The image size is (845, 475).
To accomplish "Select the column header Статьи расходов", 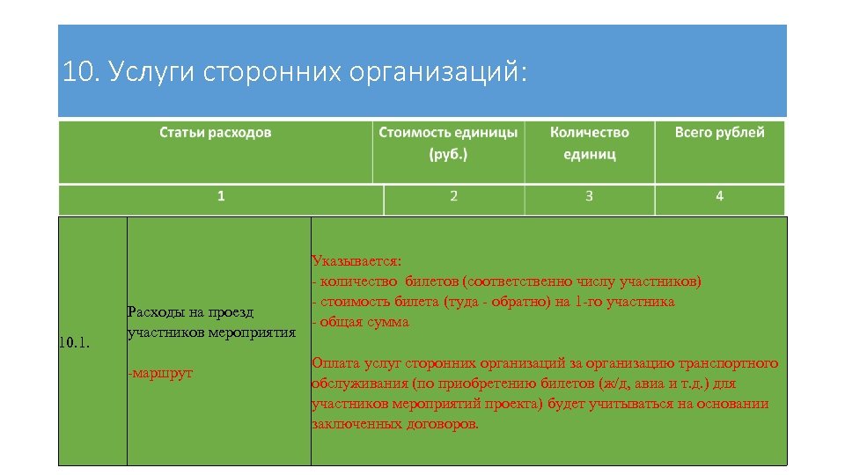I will [x=215, y=133].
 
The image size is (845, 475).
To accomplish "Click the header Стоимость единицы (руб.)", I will [x=448, y=142].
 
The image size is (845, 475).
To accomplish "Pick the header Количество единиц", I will [x=589, y=142].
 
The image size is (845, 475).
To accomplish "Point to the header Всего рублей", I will [x=719, y=133].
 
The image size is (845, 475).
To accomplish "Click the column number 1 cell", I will [x=221, y=196].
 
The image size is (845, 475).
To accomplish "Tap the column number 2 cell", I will [x=453, y=196].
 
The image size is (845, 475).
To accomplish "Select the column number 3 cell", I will [x=589, y=196].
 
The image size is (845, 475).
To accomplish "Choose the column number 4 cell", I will [x=719, y=196].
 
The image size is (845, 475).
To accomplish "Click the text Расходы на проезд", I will [x=190, y=312].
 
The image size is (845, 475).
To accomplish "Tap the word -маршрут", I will [x=160, y=374].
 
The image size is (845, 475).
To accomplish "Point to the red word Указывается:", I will [x=356, y=261].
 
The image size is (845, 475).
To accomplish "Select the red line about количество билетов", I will [x=507, y=281].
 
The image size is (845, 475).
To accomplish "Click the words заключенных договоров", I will [x=395, y=424].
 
